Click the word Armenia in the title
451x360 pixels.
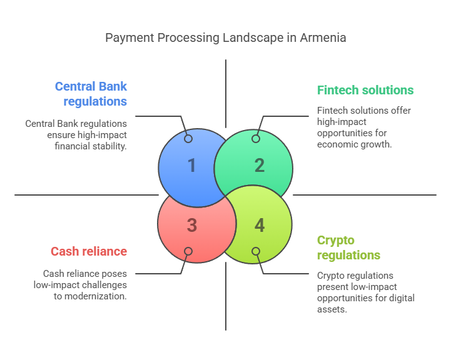click(x=323, y=38)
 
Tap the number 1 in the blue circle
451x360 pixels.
click(x=192, y=166)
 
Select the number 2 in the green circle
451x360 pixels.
click(x=260, y=166)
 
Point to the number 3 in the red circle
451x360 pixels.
click(x=192, y=225)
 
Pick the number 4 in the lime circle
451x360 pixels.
click(x=260, y=225)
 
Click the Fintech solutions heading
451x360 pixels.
click(x=365, y=90)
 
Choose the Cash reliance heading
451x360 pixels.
click(x=89, y=251)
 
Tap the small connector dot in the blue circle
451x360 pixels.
click(x=188, y=139)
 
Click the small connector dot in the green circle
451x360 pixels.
click(x=256, y=139)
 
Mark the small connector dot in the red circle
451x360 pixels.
click(x=188, y=251)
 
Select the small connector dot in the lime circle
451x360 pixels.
click(x=256, y=251)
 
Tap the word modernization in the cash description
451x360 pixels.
click(x=96, y=296)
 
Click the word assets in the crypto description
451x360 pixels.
click(x=332, y=309)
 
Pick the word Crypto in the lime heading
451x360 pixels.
click(x=336, y=241)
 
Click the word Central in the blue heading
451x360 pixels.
click(x=75, y=86)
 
